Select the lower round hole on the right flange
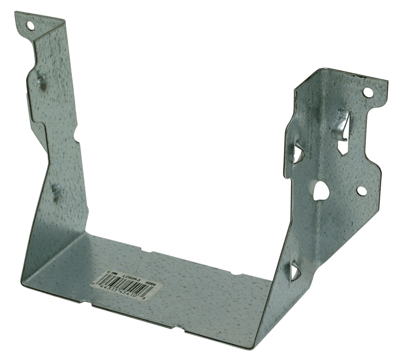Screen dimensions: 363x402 point(361,191)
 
